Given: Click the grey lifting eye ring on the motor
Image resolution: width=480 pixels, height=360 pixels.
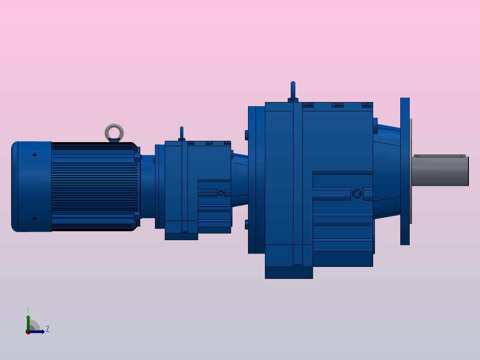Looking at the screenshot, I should tap(114, 132).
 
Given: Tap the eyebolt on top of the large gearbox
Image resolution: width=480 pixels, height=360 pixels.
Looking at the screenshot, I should tap(293, 91).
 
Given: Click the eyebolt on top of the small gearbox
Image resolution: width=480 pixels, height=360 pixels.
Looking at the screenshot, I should tap(181, 133).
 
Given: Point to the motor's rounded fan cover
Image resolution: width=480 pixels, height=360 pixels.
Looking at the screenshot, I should tap(30, 187).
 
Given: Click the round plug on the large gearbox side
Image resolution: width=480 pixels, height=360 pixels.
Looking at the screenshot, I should tap(356, 194).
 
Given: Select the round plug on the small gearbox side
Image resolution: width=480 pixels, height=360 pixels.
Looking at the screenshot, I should tap(221, 193).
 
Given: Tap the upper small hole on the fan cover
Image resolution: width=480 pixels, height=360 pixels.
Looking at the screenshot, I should tap(35, 155).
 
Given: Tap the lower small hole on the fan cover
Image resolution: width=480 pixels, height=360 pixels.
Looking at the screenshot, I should tap(35, 219).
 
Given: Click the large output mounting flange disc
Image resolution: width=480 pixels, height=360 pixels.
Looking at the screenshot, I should tap(405, 172).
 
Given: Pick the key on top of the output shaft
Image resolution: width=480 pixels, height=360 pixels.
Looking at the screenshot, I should tap(439, 155).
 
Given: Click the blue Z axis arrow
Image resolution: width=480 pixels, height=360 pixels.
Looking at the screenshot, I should tap(38, 331).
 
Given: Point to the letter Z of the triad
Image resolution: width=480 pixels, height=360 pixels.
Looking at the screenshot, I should tap(47, 329).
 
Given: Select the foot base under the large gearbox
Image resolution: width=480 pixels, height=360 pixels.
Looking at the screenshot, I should tap(289, 273).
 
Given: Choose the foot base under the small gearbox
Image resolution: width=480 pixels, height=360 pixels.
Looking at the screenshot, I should tap(181, 237).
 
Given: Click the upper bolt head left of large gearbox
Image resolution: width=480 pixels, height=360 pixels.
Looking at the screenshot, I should tap(246, 135).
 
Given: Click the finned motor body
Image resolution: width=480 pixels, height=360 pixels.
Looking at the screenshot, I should tap(94, 187).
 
